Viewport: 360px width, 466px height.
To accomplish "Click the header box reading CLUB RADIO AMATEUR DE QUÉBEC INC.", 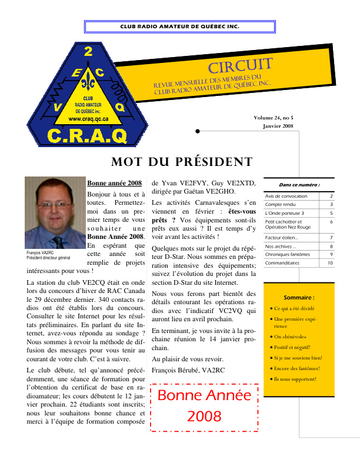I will [x=179, y=27].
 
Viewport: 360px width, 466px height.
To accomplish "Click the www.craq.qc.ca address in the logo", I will [x=88, y=118].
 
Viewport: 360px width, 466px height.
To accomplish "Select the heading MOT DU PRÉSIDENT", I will [x=182, y=162].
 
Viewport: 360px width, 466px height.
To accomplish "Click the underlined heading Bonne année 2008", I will [x=114, y=183].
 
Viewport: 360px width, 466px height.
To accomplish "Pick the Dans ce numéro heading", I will [x=299, y=184].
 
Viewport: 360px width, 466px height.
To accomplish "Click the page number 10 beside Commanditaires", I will [x=330, y=263].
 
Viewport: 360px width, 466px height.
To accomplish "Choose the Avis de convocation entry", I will [x=286, y=196].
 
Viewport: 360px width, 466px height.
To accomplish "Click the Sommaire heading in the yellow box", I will [x=299, y=298].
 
